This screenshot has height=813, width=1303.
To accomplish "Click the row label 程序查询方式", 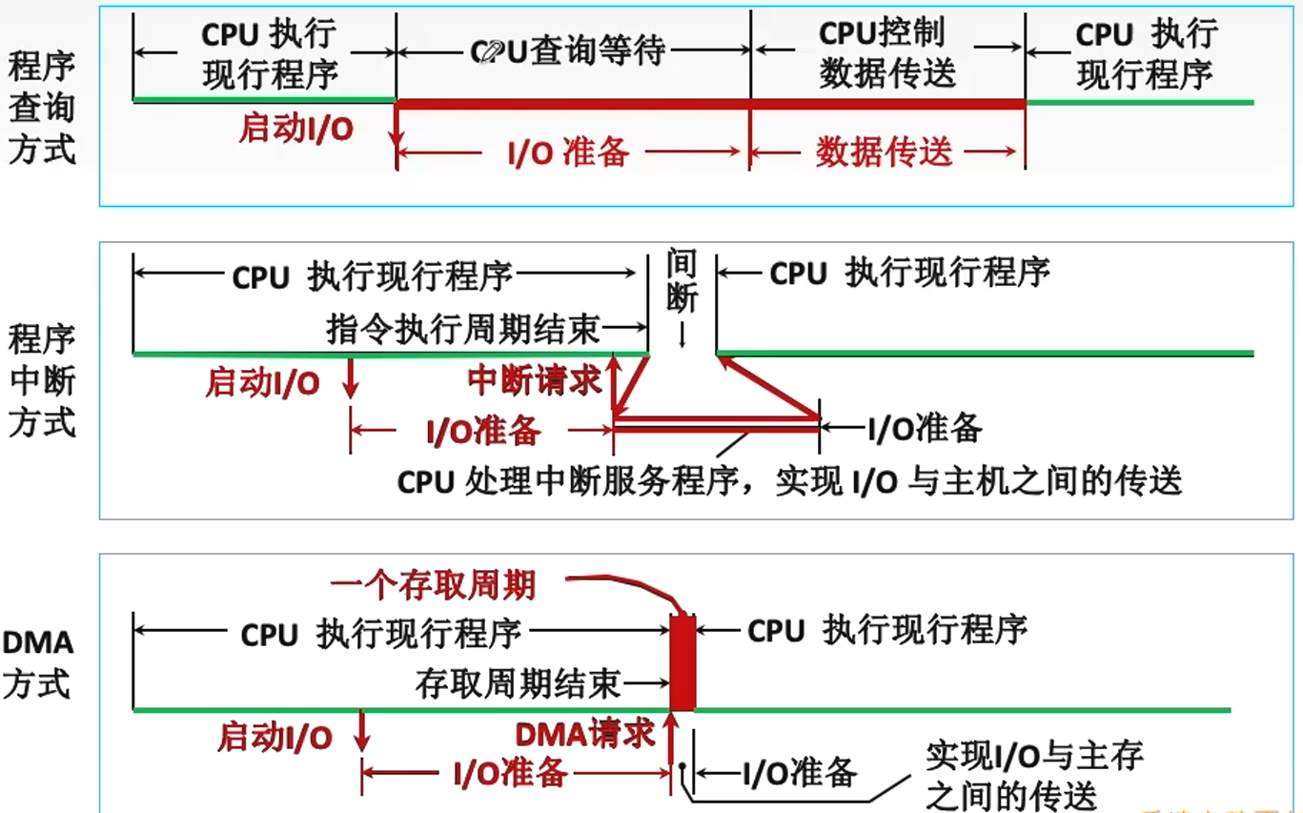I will (x=41, y=109).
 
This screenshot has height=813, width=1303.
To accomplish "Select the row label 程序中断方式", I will (x=41, y=380).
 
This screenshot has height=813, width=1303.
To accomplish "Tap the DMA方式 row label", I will (x=38, y=662).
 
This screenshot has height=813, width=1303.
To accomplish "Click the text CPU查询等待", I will (x=568, y=51).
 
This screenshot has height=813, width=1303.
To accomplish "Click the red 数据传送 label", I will (x=884, y=152).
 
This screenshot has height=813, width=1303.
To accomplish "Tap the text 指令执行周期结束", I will (x=463, y=329).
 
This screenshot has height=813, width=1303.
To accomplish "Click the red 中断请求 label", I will (x=535, y=380).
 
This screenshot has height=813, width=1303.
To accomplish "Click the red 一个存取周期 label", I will (x=433, y=583).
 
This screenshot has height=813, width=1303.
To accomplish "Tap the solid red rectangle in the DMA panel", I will (x=682, y=663).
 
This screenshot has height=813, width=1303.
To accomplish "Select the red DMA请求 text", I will (x=585, y=733).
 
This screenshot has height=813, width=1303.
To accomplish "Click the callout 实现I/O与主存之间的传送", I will (x=1033, y=775).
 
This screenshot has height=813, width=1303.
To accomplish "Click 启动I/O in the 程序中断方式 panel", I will (x=262, y=383).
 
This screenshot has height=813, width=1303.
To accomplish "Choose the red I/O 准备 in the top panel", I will (x=568, y=152).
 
